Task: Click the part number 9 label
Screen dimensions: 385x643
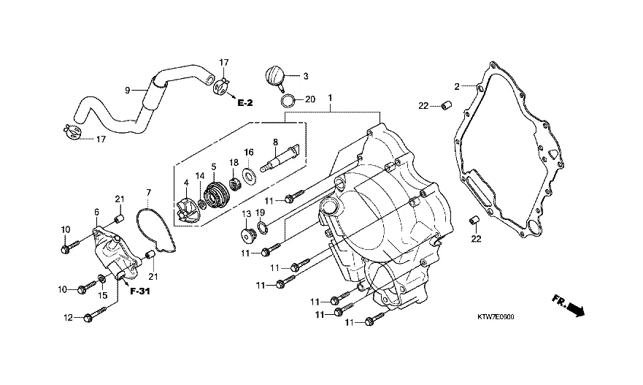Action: pyautogui.click(x=127, y=91)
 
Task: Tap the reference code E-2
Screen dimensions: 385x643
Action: pyautogui.click(x=245, y=104)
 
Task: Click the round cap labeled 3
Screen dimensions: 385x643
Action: pyautogui.click(x=274, y=77)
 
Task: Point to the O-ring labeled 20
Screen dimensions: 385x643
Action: pyautogui.click(x=288, y=99)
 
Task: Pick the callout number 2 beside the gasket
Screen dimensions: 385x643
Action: pyautogui.click(x=458, y=86)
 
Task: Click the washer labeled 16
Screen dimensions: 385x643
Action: pyautogui.click(x=249, y=175)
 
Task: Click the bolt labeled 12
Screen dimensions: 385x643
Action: pyautogui.click(x=91, y=317)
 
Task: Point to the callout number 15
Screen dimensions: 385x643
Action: pyautogui.click(x=103, y=295)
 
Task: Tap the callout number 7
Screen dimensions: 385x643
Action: pyautogui.click(x=148, y=193)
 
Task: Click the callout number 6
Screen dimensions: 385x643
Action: pyautogui.click(x=96, y=212)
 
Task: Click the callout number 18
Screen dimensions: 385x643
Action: pyautogui.click(x=234, y=161)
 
